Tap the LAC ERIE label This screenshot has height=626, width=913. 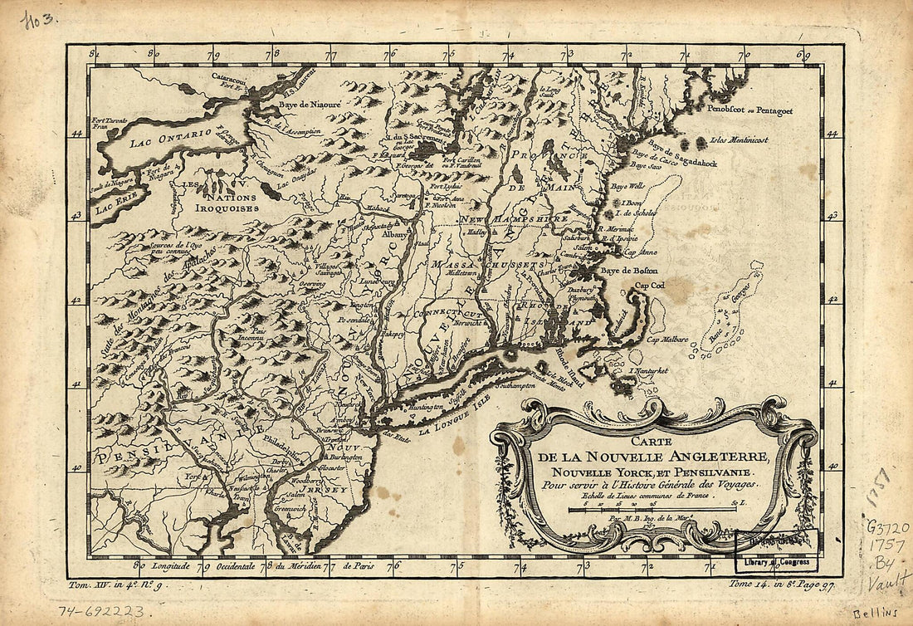[x=114, y=206]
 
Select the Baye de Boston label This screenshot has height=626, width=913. [x=628, y=271]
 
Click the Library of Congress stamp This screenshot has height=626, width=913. [x=777, y=563]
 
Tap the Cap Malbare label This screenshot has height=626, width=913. [x=668, y=339]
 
